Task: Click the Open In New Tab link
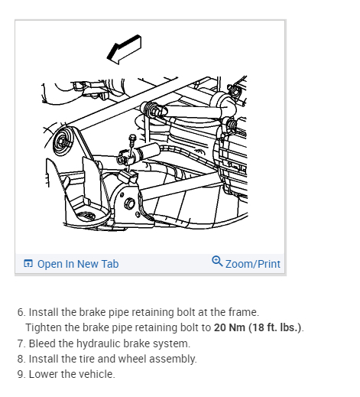(78, 264)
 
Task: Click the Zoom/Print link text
(253, 264)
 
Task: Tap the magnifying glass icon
(217, 262)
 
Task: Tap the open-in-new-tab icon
(28, 263)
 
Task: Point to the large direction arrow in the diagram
(124, 50)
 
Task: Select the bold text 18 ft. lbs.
(275, 327)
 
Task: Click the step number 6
(21, 312)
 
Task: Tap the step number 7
(21, 343)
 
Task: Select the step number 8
(21, 359)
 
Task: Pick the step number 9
(21, 374)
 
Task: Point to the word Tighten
(44, 328)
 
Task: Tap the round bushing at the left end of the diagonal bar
(62, 141)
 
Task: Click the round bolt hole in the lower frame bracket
(130, 204)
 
